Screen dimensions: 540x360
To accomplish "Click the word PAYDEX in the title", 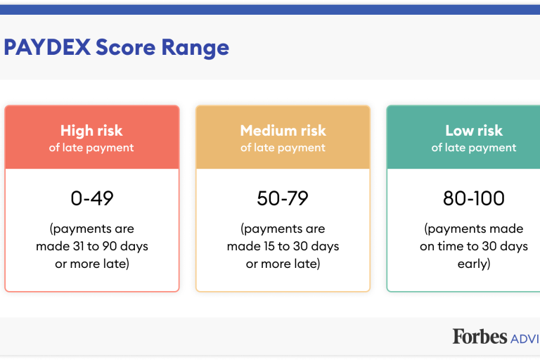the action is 47,47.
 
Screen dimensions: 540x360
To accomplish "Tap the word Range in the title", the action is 195,49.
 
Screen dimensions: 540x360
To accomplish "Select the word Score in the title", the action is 126,47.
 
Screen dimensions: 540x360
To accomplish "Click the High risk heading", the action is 91,131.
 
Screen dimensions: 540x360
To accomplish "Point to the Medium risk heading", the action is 283,131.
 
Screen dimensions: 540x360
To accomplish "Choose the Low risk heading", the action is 474,131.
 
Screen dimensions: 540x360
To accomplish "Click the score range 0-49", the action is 92,198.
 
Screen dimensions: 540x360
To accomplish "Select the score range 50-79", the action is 283,198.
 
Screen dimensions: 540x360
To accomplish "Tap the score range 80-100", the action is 474,198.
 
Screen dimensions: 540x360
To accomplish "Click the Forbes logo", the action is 480,336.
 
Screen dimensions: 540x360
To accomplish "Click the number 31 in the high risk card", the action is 79,246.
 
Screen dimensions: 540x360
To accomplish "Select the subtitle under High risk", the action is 91,148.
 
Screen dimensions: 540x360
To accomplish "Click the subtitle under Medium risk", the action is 283,148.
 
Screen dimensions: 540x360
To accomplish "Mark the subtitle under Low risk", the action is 474,148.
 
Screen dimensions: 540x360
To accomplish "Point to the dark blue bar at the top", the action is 270,10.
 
